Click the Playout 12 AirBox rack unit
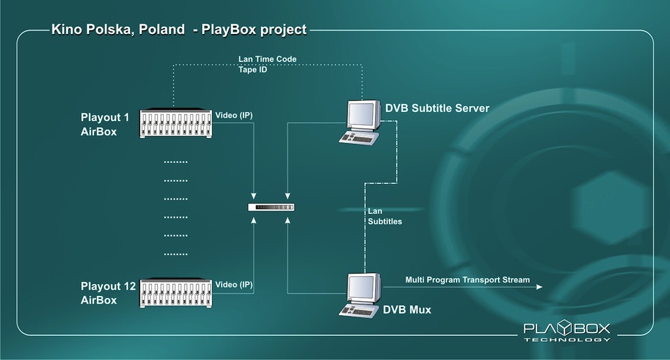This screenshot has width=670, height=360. pyautogui.click(x=177, y=293)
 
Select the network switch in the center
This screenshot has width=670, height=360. pyautogui.click(x=272, y=207)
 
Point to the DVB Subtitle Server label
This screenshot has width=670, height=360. pyautogui.click(x=437, y=108)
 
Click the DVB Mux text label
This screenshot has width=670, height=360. pyautogui.click(x=407, y=310)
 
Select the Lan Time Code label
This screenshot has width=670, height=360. pyautogui.click(x=267, y=59)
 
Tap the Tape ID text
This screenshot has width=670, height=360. pyautogui.click(x=253, y=69)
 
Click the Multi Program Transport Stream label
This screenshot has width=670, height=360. pyautogui.click(x=467, y=280)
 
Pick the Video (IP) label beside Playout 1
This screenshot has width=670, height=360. pyautogui.click(x=234, y=116)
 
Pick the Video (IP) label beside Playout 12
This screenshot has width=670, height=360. pyautogui.click(x=234, y=285)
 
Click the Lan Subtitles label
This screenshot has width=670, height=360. pyautogui.click(x=385, y=216)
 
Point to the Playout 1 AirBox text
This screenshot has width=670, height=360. pyautogui.click(x=105, y=124)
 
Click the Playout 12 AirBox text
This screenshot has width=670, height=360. pyautogui.click(x=109, y=293)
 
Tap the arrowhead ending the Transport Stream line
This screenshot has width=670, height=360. pyautogui.click(x=540, y=287)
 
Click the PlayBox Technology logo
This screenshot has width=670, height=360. pyautogui.click(x=567, y=331)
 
